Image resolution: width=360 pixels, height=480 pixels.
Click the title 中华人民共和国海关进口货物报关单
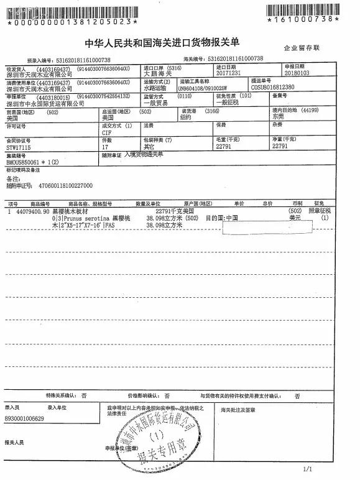(180, 43)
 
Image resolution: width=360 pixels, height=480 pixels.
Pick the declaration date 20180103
(295, 72)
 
